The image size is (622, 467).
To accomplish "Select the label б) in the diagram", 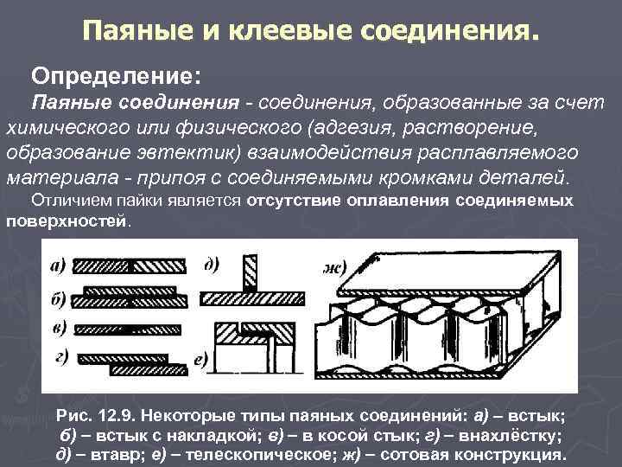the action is click(x=59, y=298).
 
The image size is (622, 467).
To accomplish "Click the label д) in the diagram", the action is click(x=211, y=265).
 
